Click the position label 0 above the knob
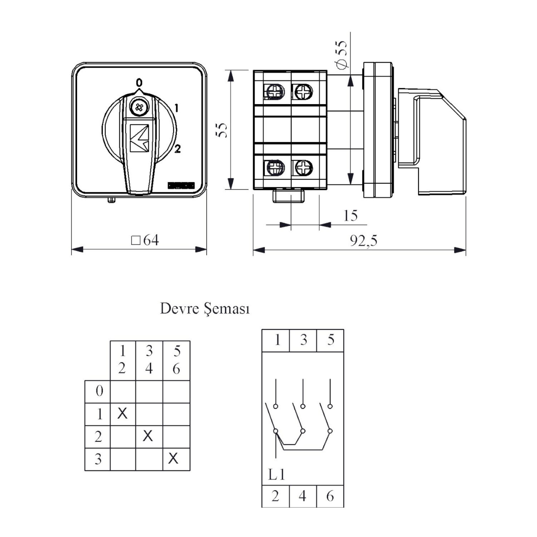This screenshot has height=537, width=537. [139, 83]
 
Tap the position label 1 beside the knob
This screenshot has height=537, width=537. [176, 108]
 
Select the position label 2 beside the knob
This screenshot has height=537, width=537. [178, 149]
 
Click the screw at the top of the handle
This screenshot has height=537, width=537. [139, 107]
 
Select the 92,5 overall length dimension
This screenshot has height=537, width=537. [363, 241]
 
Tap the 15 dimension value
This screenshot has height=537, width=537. [350, 216]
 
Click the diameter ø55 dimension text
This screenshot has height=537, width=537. [342, 54]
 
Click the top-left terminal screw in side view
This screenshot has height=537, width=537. [275, 92]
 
